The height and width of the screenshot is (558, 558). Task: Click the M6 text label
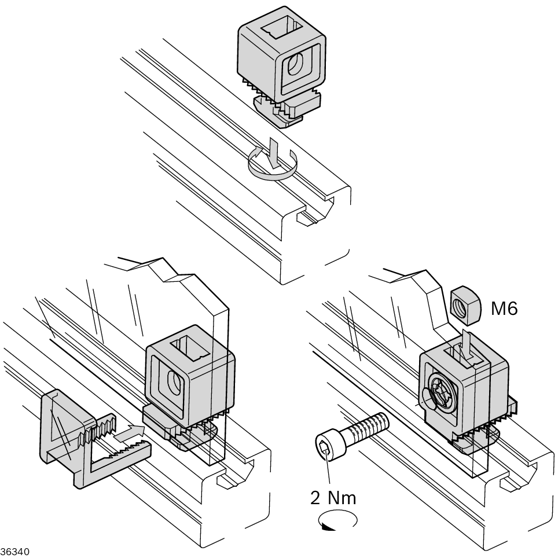(x=504, y=309)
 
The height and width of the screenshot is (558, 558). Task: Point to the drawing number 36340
(x=14, y=550)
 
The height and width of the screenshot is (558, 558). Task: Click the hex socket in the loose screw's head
(x=326, y=446)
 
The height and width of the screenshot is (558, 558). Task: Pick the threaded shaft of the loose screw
(x=368, y=427)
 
